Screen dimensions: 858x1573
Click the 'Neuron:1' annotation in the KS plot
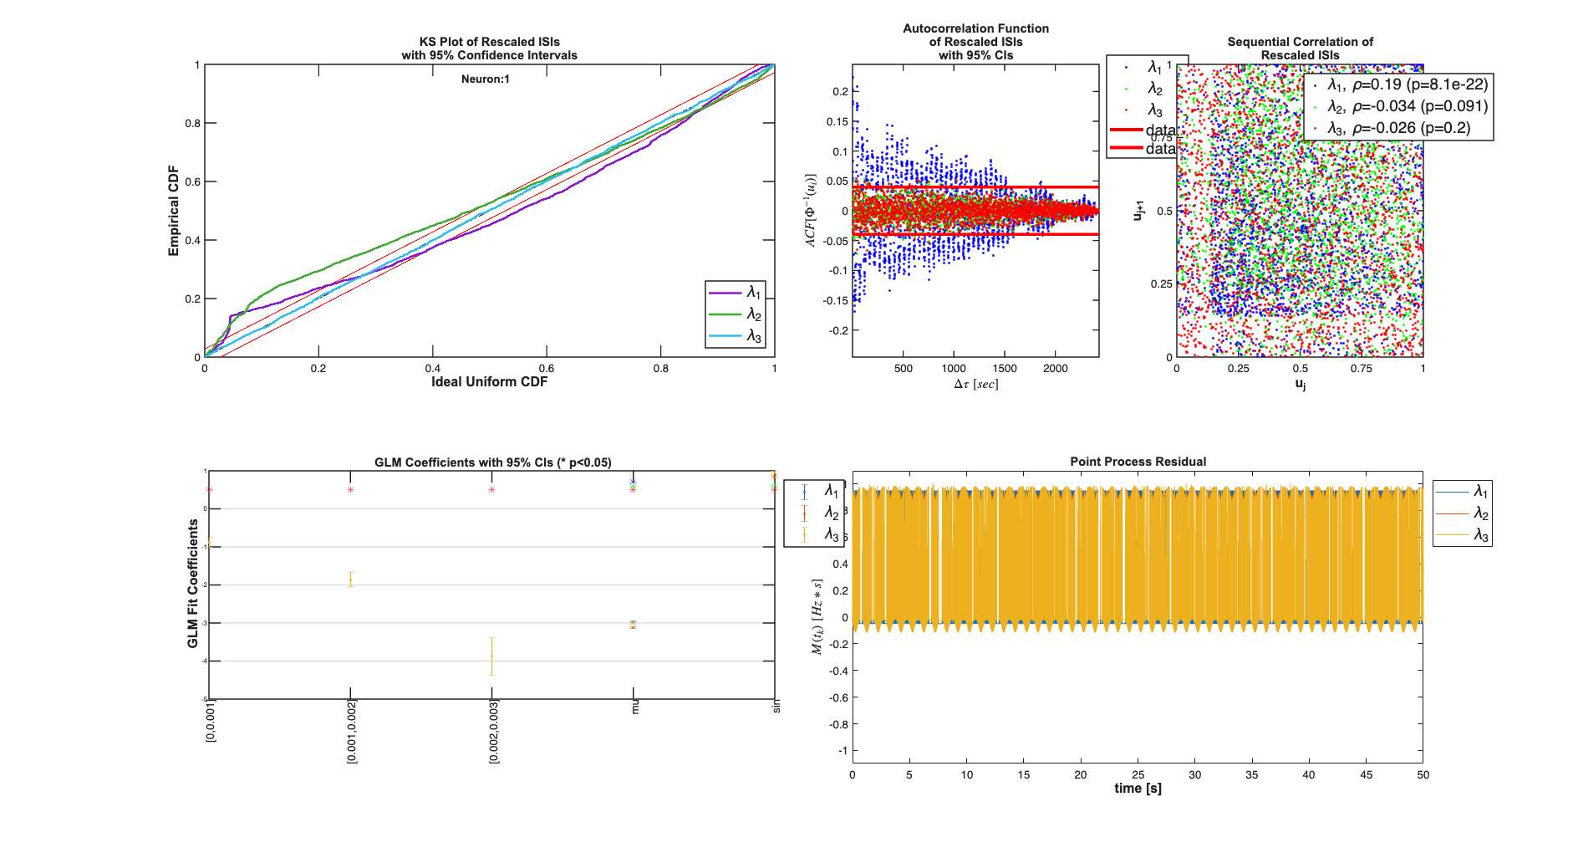point(485,79)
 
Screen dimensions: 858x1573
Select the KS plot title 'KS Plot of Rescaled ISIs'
point(489,42)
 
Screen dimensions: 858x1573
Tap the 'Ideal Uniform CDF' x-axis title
point(489,382)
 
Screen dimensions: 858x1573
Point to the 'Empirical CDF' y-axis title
point(174,211)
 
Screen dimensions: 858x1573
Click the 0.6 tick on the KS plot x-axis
point(546,369)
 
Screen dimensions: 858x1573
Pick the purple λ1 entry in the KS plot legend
point(736,293)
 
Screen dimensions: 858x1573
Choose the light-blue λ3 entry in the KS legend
point(736,336)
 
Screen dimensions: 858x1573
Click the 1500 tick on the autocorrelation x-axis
point(1004,369)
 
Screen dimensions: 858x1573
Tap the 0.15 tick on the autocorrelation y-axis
point(837,122)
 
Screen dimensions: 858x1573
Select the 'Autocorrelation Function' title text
point(975,28)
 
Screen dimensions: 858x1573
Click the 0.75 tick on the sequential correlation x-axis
point(1361,369)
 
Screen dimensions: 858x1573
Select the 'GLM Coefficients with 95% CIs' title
point(492,462)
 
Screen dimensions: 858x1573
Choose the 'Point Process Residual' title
point(1138,462)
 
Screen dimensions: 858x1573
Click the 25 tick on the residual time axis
point(1138,775)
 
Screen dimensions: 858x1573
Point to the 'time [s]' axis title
point(1138,789)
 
